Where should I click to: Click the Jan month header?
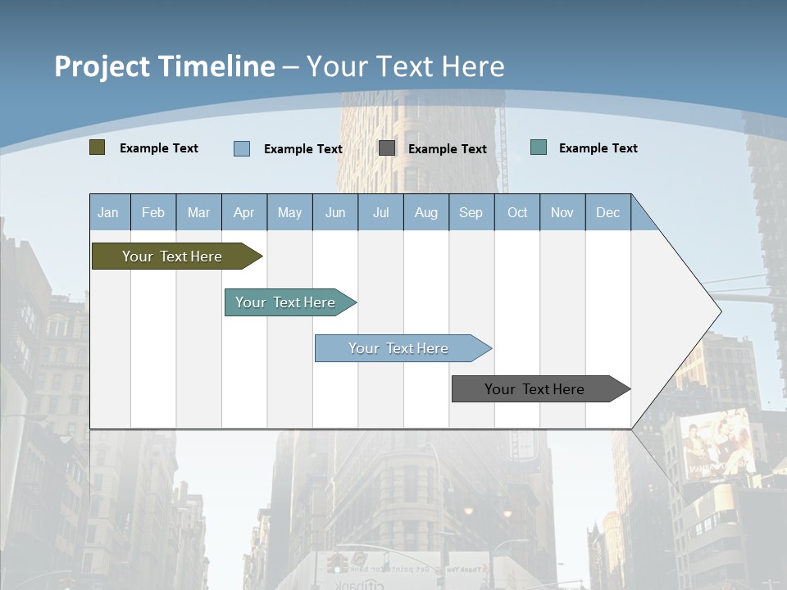tap(108, 212)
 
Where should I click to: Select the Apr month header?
tap(243, 212)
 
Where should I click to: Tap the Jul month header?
tap(380, 212)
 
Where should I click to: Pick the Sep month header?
tap(471, 212)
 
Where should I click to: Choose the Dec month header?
tap(607, 212)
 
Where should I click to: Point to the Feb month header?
tap(153, 212)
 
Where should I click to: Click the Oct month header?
tap(517, 212)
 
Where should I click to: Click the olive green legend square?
tap(97, 147)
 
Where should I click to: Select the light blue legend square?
tap(242, 148)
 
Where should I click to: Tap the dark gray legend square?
tap(387, 148)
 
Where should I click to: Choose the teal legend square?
tap(539, 147)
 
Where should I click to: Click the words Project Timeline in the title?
tap(165, 66)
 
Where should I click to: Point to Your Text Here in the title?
tap(405, 66)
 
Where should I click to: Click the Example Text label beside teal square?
tap(598, 148)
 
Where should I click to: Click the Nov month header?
tap(562, 212)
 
